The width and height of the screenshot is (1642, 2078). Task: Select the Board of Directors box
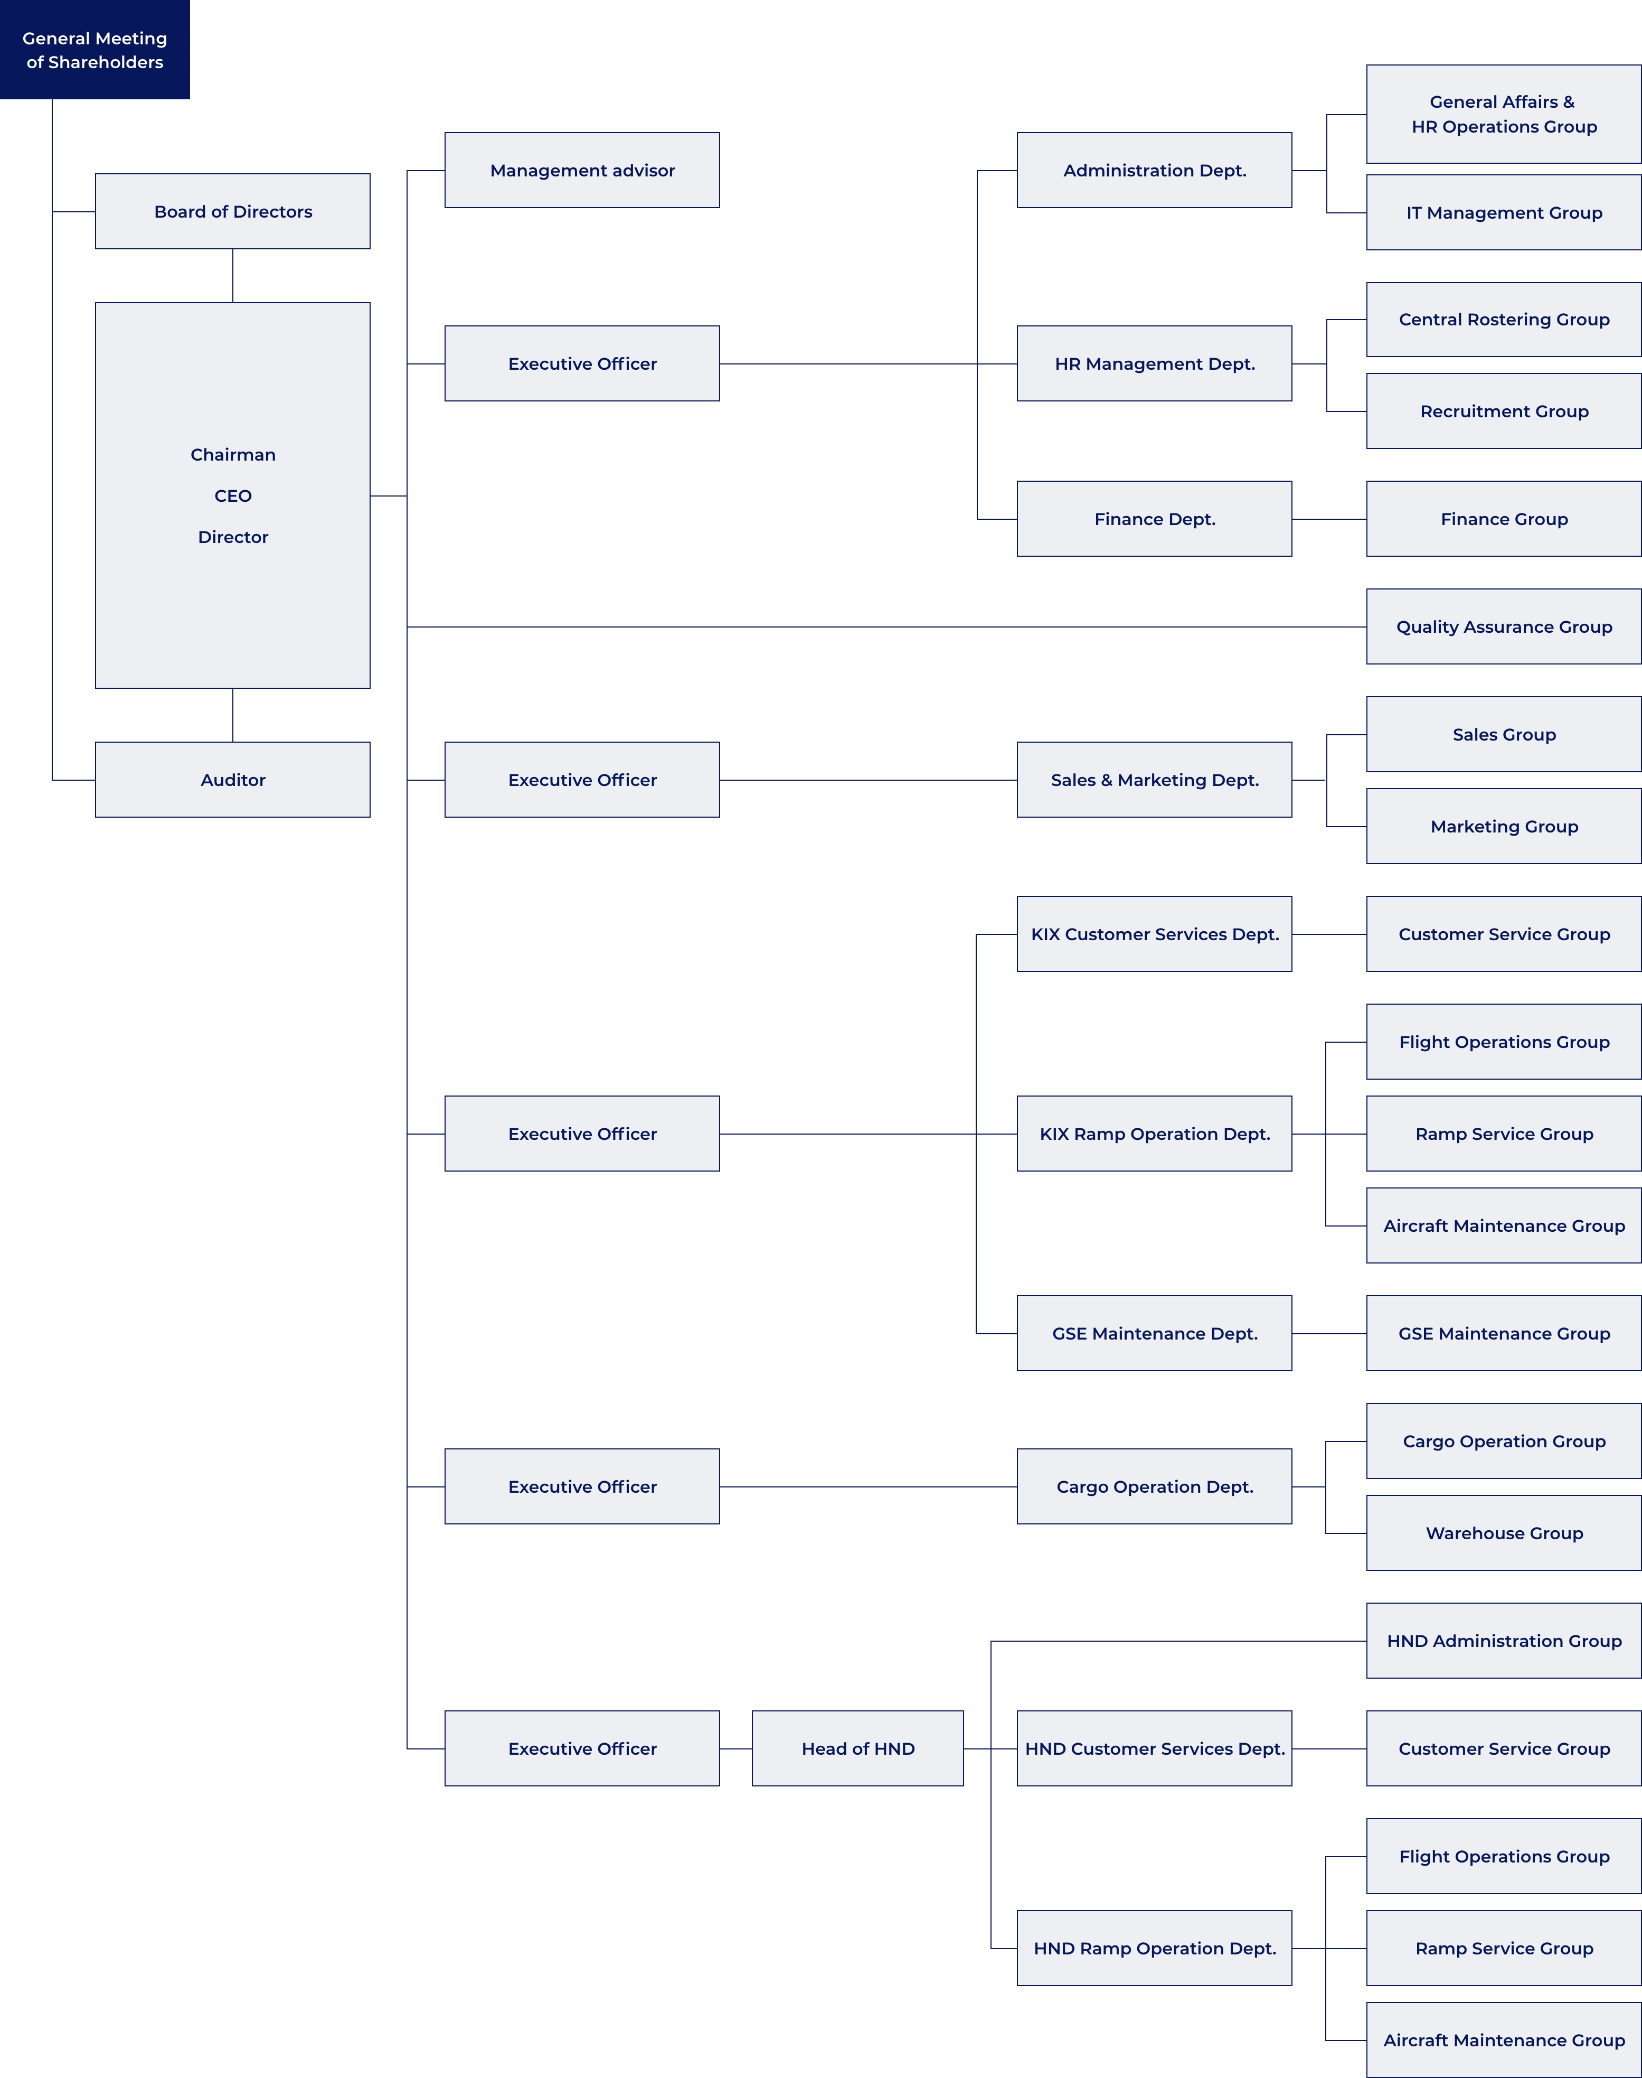pos(233,211)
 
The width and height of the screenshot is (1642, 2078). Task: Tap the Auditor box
pos(233,780)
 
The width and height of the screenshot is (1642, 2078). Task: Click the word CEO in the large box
pos(233,496)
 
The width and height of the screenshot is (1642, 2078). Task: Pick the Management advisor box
pos(582,170)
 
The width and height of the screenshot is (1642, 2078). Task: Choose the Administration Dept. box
pos(1155,170)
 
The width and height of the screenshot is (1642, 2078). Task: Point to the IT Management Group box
pos(1504,212)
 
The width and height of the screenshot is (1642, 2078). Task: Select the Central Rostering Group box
pos(1504,319)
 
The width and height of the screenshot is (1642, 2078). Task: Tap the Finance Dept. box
pos(1155,519)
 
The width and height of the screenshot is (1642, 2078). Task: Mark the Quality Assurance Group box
pos(1504,627)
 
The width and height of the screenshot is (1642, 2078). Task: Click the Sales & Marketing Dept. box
pos(1155,780)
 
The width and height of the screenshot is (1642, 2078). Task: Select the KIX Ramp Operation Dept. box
pos(1155,1134)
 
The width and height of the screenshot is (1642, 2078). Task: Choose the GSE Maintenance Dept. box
pos(1155,1334)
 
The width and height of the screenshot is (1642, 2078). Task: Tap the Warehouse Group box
pos(1504,1533)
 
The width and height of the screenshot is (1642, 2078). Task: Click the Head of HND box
pos(857,1748)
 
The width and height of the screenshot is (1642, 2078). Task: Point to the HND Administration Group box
pos(1504,1641)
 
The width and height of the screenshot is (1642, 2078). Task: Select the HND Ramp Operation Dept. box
pos(1155,1948)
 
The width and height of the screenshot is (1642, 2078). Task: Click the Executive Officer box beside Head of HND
pos(582,1748)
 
